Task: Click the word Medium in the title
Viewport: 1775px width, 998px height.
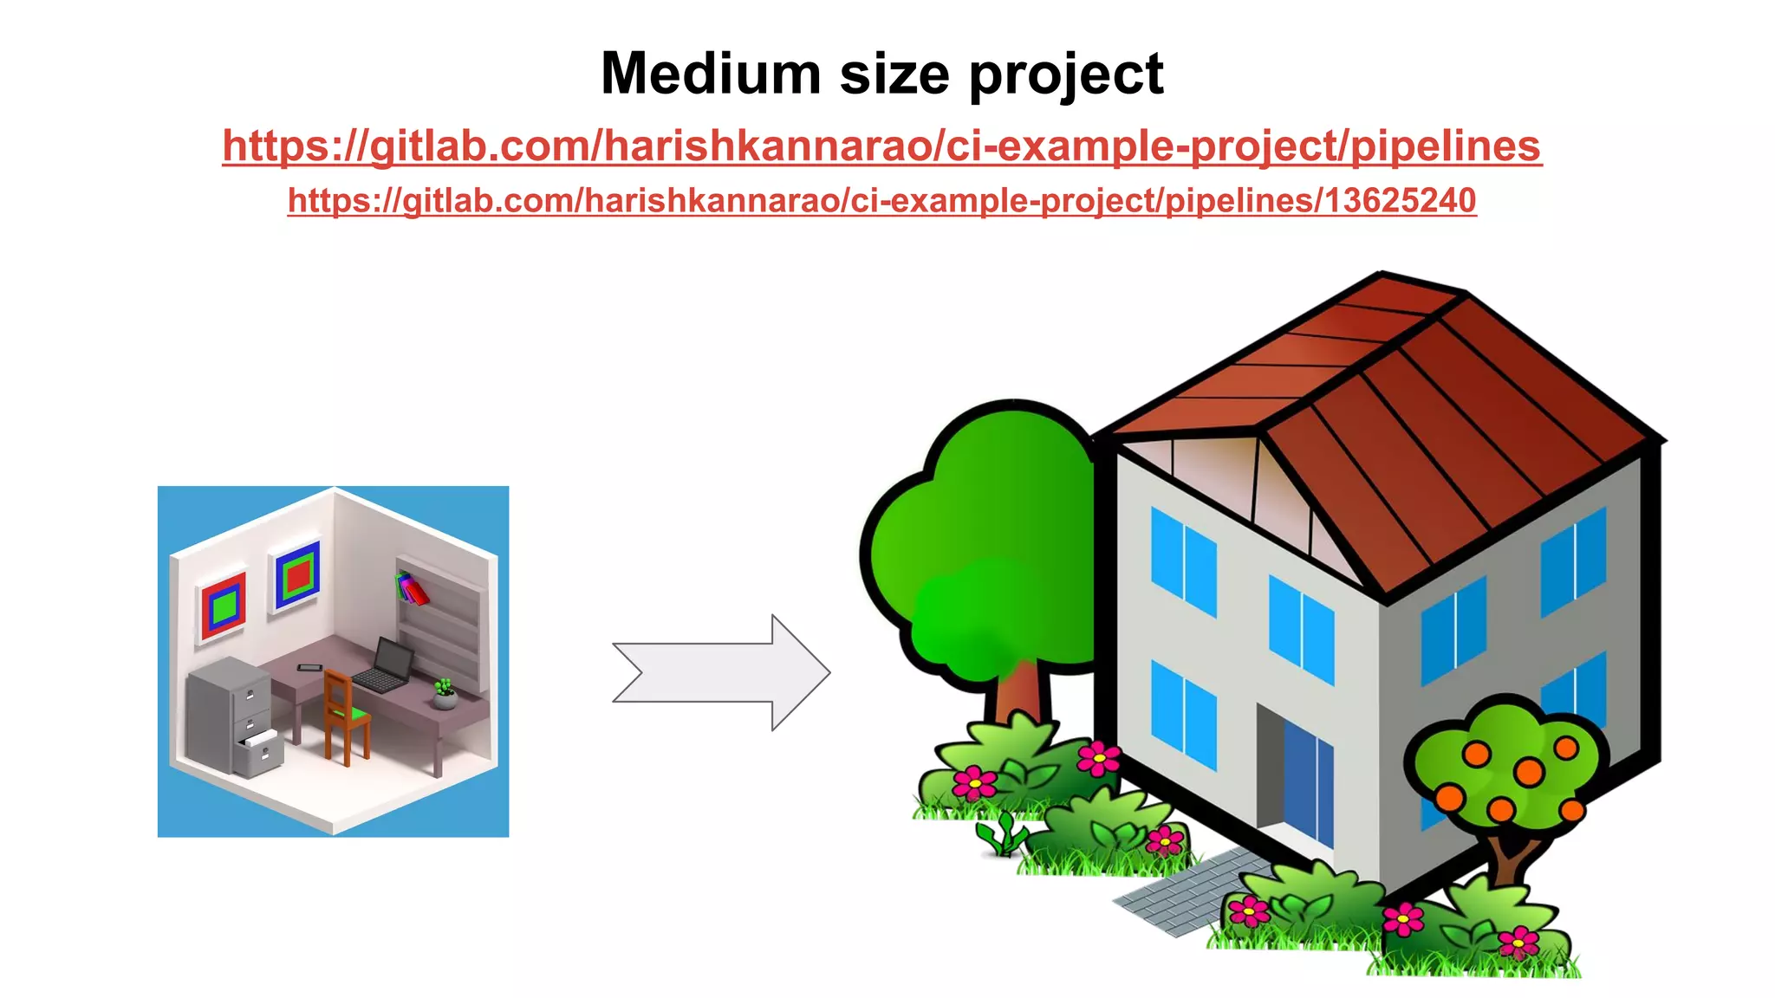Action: pyautogui.click(x=710, y=74)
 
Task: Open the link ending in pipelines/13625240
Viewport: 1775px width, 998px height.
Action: pyautogui.click(x=881, y=201)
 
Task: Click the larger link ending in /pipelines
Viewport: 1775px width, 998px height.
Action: pyautogui.click(x=881, y=146)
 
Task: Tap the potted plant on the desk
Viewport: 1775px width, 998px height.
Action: pyautogui.click(x=445, y=694)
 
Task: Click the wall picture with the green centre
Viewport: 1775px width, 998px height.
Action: pyautogui.click(x=224, y=605)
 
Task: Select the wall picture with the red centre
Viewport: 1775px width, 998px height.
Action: pyautogui.click(x=297, y=574)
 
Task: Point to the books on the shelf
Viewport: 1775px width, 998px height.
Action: pyautogui.click(x=412, y=588)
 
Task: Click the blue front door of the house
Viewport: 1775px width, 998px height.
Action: pyautogui.click(x=1308, y=787)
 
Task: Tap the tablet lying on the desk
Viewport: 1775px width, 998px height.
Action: pyautogui.click(x=309, y=668)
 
